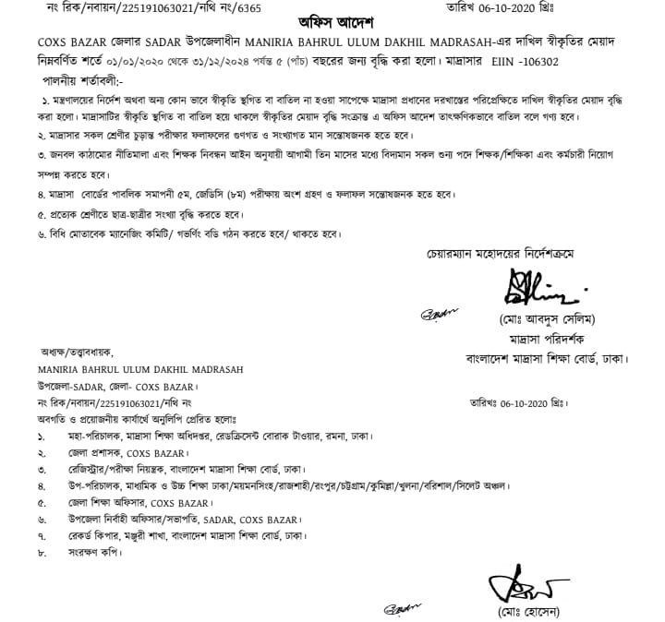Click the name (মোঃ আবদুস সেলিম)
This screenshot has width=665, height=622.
click(x=534, y=319)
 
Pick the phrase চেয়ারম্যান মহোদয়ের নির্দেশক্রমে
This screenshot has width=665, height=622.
click(x=499, y=254)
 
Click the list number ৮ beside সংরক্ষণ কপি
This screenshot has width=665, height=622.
click(x=41, y=554)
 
